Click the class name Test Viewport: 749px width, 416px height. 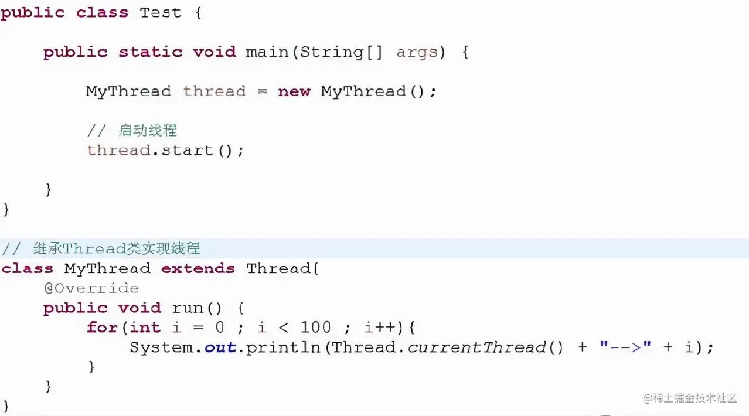(x=161, y=13)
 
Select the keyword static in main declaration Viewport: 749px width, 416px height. (x=150, y=52)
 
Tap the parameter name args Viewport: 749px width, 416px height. (x=417, y=52)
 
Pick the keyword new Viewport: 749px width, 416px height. (x=294, y=91)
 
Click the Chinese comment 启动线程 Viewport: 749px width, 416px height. (x=148, y=130)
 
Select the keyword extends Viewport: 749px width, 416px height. (x=198, y=269)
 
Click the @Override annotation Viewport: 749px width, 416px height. (x=91, y=288)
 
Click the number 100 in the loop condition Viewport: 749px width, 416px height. (x=315, y=328)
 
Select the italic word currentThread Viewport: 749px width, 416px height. (x=476, y=347)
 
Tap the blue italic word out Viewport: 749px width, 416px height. (x=220, y=347)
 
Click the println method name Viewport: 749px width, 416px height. (x=283, y=347)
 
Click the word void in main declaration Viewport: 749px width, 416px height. (x=214, y=52)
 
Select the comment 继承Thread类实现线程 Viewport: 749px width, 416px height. (x=117, y=248)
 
